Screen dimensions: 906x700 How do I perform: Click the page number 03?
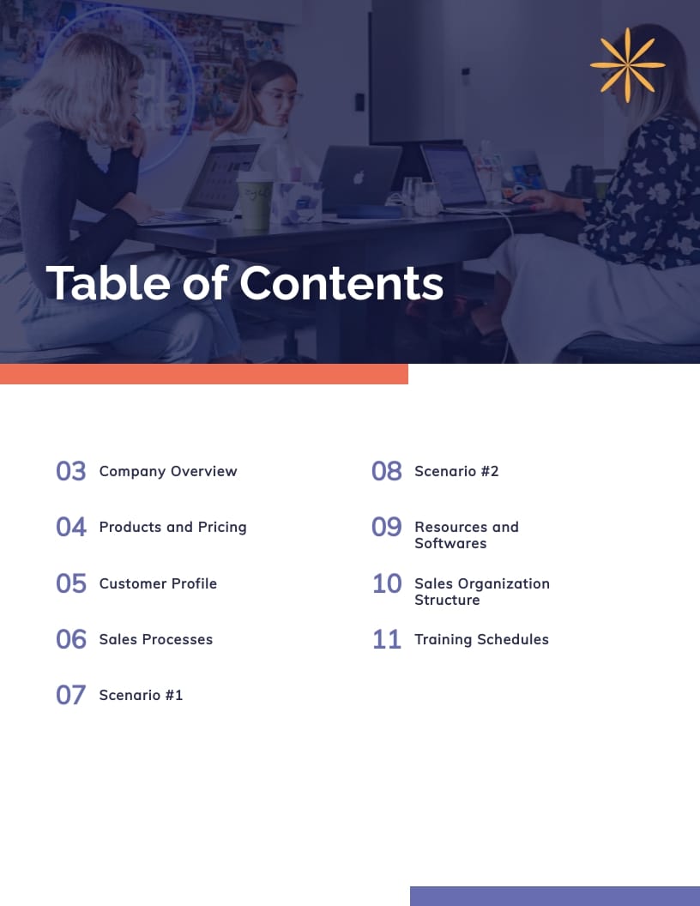tap(71, 471)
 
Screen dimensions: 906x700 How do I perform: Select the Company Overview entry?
tap(168, 471)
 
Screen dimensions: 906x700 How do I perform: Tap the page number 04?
tap(71, 527)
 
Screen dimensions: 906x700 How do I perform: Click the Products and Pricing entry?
tap(172, 527)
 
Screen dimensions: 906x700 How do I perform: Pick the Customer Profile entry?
tap(158, 583)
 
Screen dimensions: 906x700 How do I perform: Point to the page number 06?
tap(71, 639)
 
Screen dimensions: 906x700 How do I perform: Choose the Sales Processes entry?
tap(155, 639)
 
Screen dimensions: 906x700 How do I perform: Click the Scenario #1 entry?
tap(141, 695)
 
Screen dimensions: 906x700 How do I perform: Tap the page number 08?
tap(387, 471)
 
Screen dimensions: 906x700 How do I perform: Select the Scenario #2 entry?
tap(456, 471)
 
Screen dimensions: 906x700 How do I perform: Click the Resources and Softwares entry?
tap(466, 535)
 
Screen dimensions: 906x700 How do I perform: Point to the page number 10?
tap(387, 583)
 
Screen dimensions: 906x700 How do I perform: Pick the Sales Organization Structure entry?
tap(481, 591)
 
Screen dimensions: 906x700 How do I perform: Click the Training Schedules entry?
tap(481, 639)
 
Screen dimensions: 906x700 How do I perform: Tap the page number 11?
tap(387, 639)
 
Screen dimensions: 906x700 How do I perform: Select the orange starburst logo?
tap(627, 64)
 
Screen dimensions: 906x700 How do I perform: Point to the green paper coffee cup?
tap(255, 201)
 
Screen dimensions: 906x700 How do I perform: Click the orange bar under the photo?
tap(204, 374)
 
